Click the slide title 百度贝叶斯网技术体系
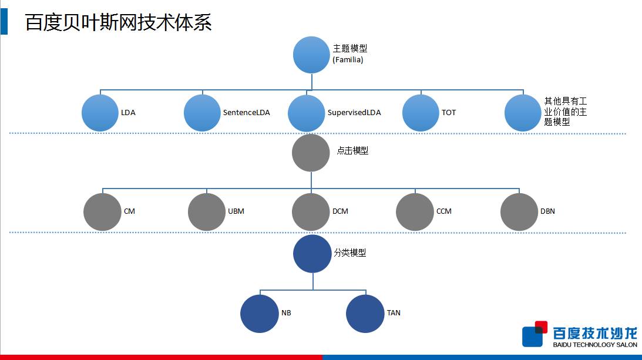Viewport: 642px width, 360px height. click(x=118, y=22)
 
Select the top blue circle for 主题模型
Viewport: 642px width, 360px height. click(x=311, y=55)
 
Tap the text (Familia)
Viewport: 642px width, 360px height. click(x=348, y=59)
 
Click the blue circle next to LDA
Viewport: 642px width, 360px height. click(x=100, y=112)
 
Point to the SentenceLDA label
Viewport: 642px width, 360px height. click(x=246, y=112)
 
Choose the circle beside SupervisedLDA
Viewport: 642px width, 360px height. click(x=307, y=112)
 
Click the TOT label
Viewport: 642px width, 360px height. click(x=449, y=112)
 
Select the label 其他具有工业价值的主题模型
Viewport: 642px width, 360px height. click(x=565, y=112)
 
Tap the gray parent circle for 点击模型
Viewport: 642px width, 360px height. click(x=311, y=153)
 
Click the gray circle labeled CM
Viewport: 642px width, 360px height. click(x=102, y=211)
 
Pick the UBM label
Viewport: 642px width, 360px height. click(x=236, y=211)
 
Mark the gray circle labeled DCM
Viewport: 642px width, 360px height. click(x=311, y=211)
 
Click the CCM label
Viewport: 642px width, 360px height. click(x=444, y=211)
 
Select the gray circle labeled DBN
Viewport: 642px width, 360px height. click(x=519, y=211)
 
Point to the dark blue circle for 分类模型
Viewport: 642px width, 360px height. click(x=312, y=254)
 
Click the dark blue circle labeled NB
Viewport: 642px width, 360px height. click(x=260, y=313)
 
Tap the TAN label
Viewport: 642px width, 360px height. click(x=394, y=312)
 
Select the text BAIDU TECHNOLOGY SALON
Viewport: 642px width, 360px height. click(x=595, y=345)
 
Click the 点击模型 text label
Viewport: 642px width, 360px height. click(x=352, y=151)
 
